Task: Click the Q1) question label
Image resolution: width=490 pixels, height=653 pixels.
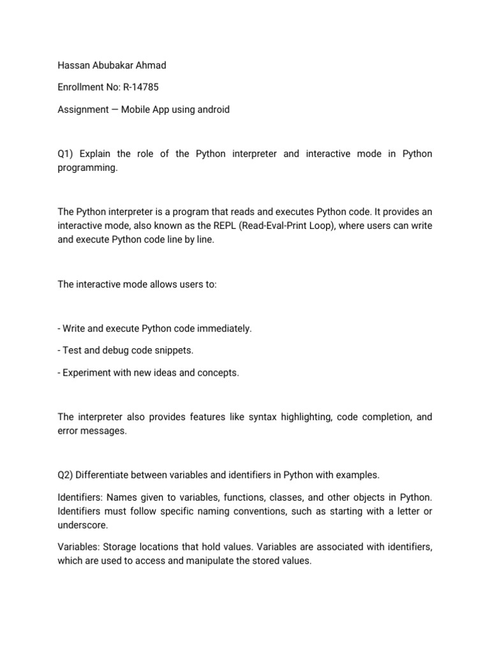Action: point(66,154)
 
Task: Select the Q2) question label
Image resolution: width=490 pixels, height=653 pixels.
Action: point(66,474)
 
